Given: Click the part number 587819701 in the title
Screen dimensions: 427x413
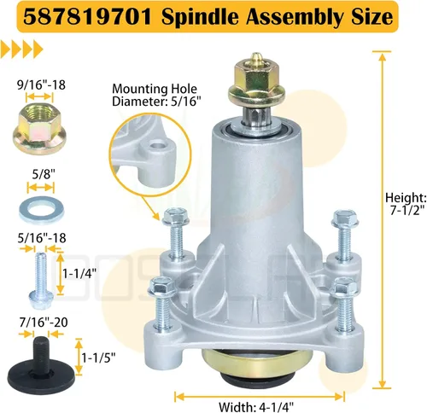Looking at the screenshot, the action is (87, 16).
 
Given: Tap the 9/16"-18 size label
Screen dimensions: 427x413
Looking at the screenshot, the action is (42, 85).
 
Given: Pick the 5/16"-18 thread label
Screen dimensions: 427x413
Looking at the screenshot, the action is (42, 238).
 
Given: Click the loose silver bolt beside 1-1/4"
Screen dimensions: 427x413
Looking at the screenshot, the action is (41, 280).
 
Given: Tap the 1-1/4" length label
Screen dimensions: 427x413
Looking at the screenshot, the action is (79, 274).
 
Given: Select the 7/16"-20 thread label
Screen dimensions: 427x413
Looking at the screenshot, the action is (44, 323).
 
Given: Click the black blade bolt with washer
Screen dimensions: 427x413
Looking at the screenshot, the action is (41, 361).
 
